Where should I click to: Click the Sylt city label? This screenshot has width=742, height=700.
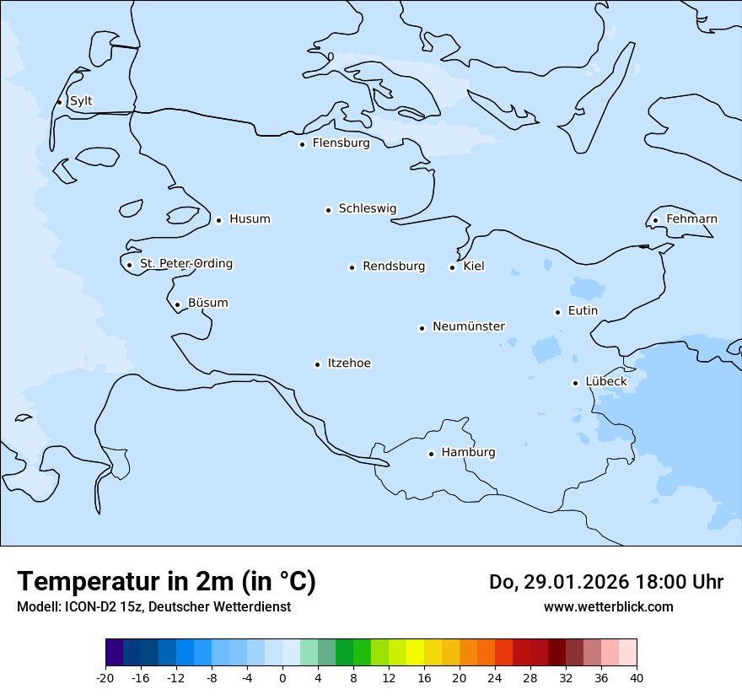coord(81,101)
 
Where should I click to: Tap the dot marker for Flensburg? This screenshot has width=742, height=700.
coord(302,144)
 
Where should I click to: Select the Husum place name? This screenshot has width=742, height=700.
coord(250,219)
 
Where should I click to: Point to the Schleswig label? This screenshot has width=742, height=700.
coord(367,208)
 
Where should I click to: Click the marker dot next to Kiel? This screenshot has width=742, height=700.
coord(452,267)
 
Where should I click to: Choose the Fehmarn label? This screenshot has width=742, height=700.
coord(691,219)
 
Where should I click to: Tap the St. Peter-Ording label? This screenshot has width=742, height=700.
coord(185,264)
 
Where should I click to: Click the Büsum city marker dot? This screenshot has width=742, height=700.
coord(177,304)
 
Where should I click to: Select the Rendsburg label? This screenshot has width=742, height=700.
coord(394,267)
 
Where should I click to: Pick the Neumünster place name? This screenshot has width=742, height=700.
coord(469,326)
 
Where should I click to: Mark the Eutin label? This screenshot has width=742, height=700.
coord(583,311)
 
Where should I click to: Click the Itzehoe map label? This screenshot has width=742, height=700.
coord(349,363)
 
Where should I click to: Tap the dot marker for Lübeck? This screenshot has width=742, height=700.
coord(575,383)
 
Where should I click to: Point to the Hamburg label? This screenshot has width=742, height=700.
coord(468,453)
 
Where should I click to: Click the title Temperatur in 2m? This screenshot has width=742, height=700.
coord(166,581)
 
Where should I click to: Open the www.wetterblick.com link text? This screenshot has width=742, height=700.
coord(608,606)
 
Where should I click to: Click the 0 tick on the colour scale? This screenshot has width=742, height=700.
coord(282,677)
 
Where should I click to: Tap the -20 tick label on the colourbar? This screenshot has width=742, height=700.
coord(105,677)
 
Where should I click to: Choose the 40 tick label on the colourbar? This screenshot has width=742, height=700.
coord(637,677)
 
